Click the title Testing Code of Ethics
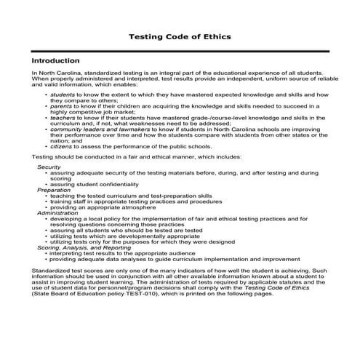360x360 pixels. tap(180, 35)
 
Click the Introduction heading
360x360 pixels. tap(55, 61)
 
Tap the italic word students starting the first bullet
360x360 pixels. tap(63, 95)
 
